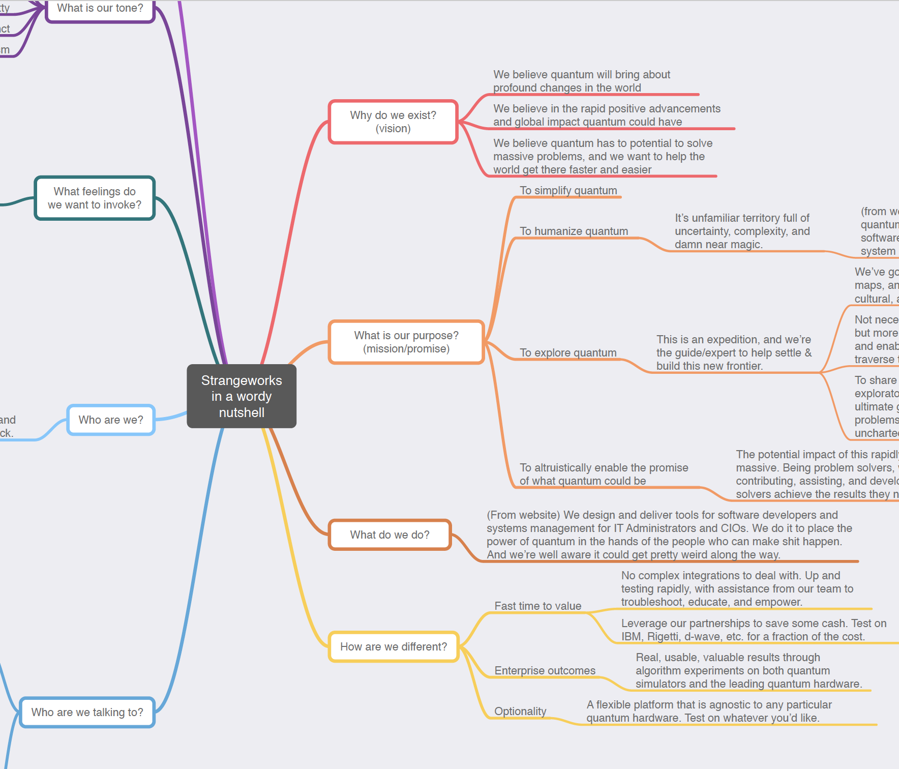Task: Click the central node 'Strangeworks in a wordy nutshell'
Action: tap(242, 396)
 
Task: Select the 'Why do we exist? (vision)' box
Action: tap(393, 122)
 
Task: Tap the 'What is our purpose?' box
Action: tap(406, 342)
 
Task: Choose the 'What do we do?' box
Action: tap(389, 535)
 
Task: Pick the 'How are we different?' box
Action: tap(394, 647)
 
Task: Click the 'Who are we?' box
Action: tap(111, 420)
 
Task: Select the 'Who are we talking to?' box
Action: tap(87, 713)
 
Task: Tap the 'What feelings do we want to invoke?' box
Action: tap(95, 198)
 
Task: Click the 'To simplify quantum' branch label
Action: tap(568, 191)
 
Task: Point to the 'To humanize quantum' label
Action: tap(574, 231)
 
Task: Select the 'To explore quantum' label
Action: tap(568, 353)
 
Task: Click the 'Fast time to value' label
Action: tap(537, 606)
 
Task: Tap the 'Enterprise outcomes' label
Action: tap(545, 671)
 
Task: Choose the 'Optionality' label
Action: tap(520, 712)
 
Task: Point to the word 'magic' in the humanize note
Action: tap(747, 245)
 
